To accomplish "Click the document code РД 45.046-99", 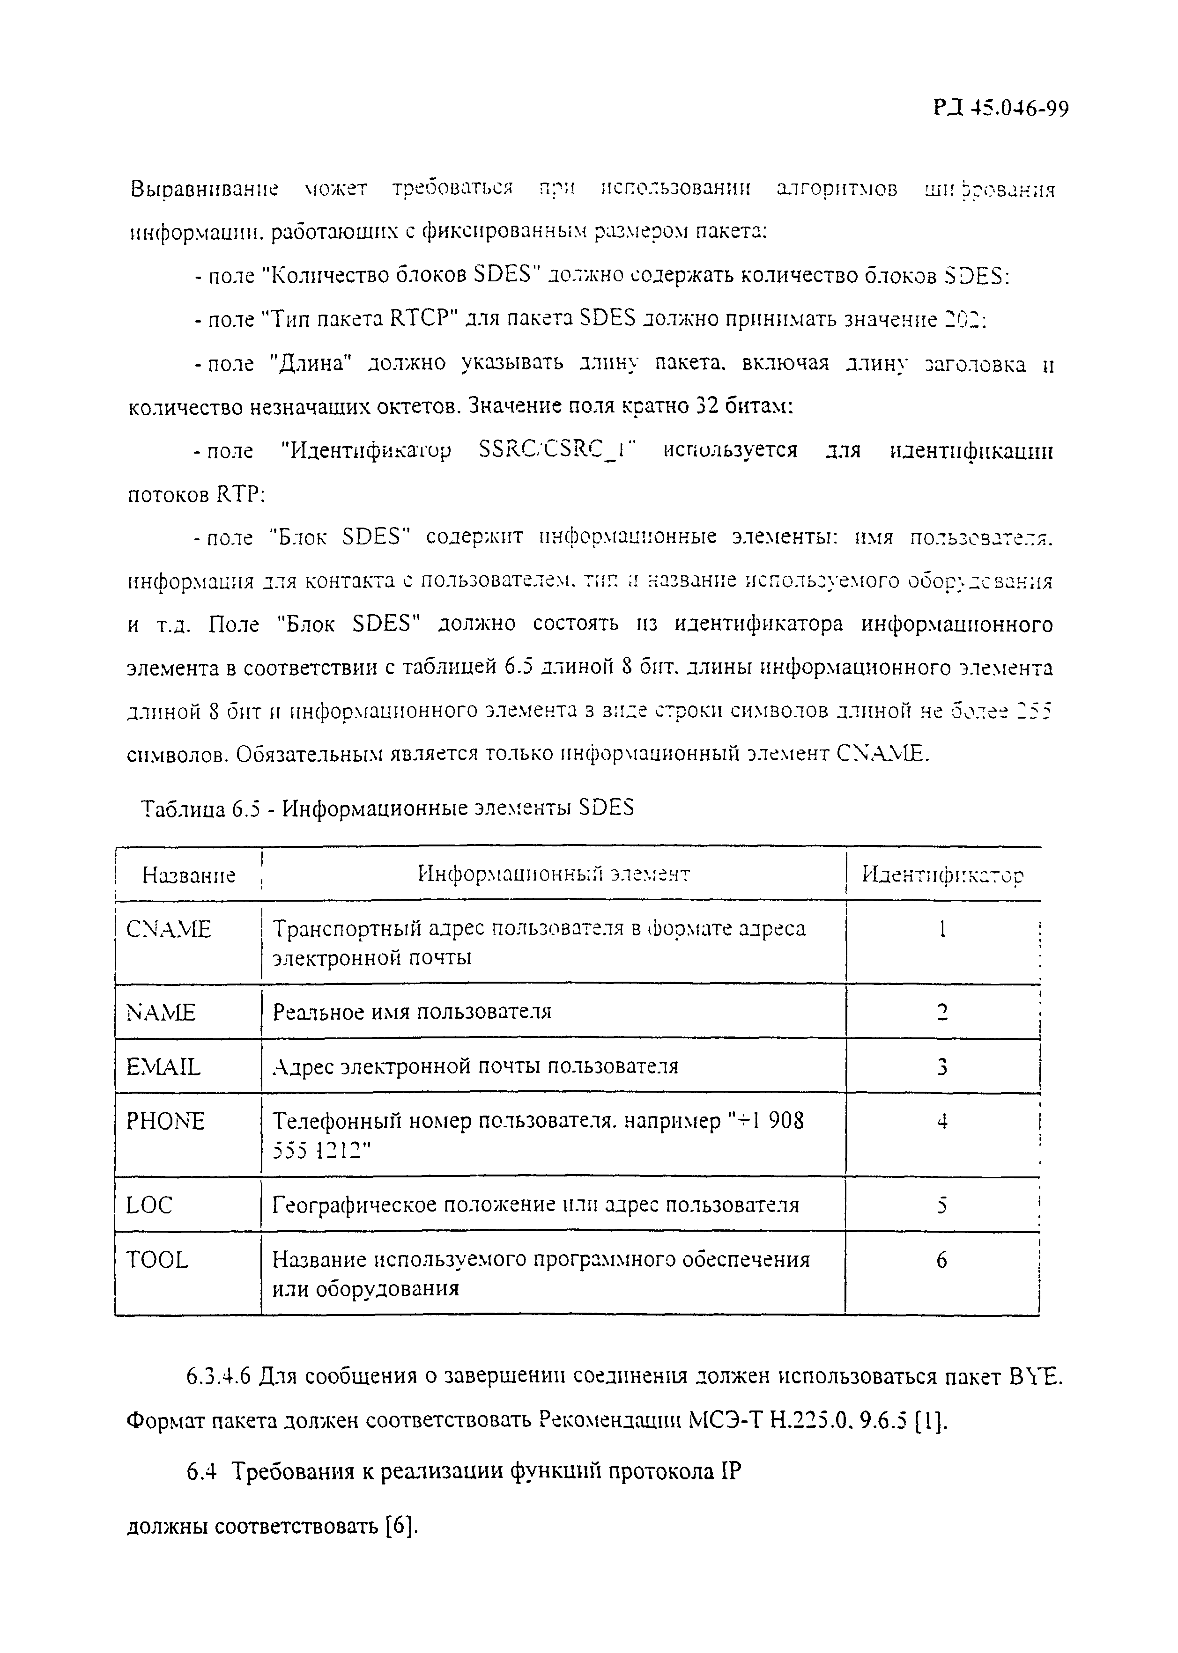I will [x=1000, y=109].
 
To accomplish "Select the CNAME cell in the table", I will [x=168, y=929].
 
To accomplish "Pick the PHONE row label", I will [x=165, y=1122].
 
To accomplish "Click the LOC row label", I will [x=149, y=1205].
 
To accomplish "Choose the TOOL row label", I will [x=157, y=1260].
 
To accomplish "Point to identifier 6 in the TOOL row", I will [x=941, y=1261].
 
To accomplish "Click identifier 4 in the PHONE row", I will [x=941, y=1122].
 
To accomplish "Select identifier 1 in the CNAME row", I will [x=941, y=929].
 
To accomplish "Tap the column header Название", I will [x=189, y=875].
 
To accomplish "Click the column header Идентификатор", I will [x=942, y=874].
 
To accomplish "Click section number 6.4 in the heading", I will [x=202, y=1472].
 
